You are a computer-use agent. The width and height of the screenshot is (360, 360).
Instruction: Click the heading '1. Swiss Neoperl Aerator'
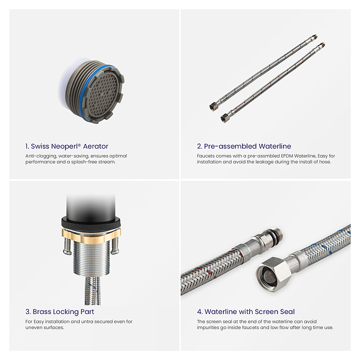click(66, 146)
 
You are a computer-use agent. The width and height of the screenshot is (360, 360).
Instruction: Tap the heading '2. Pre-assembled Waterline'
click(244, 146)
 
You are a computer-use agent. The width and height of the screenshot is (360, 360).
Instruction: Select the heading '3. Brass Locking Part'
click(59, 312)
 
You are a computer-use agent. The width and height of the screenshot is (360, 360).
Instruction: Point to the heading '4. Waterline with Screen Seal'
click(245, 312)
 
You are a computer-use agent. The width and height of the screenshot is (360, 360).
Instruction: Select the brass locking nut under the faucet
click(91, 236)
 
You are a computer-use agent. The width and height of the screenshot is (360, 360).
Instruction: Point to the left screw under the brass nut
click(67, 245)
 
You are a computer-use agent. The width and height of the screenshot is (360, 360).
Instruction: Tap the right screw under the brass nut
click(115, 245)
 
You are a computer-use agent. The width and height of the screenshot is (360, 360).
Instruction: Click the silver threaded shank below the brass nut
click(90, 258)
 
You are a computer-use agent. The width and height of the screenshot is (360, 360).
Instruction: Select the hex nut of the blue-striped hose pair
click(213, 107)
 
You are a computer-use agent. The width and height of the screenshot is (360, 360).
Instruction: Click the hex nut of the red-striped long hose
click(224, 118)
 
